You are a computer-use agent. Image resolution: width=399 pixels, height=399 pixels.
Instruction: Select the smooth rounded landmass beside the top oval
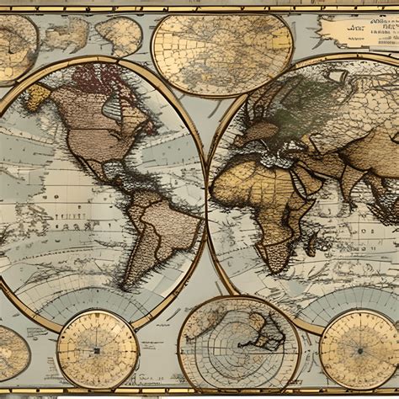click(119, 35)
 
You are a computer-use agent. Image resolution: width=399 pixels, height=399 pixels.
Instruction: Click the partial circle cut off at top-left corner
click(15, 46)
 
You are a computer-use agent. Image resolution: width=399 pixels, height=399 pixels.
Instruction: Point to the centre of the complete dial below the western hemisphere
click(98, 349)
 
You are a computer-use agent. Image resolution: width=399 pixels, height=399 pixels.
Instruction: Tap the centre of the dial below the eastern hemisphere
click(359, 348)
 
